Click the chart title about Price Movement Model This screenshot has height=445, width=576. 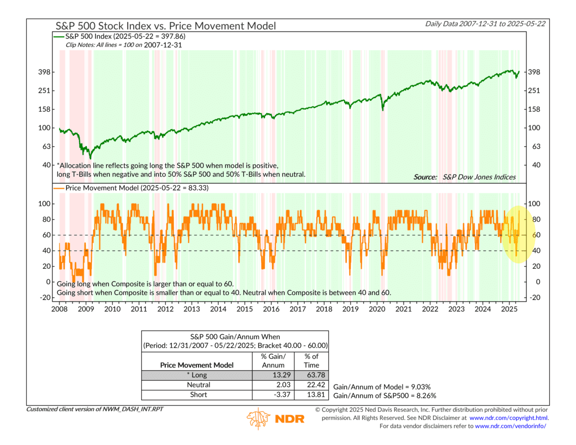[165, 26]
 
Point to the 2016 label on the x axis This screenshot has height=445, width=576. [271, 309]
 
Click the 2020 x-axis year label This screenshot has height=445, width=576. [377, 309]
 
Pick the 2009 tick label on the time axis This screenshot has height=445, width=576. [86, 309]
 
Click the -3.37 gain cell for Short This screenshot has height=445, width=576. [274, 395]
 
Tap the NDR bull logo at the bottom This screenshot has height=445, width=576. [259, 419]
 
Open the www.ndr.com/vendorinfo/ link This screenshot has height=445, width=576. [511, 426]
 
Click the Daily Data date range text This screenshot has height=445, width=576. [488, 23]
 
